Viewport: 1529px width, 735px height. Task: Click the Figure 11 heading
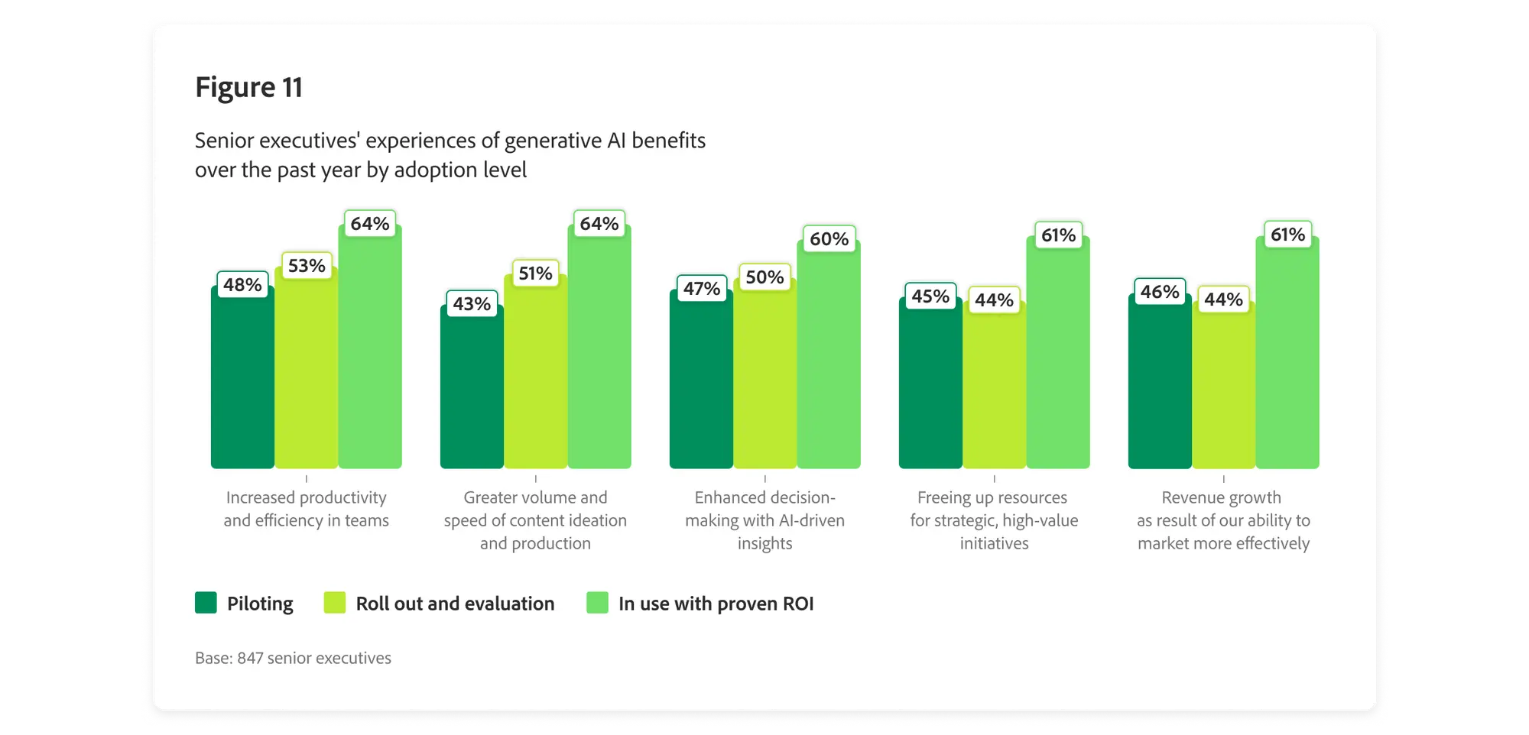248,88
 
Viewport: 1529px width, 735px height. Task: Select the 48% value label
242,285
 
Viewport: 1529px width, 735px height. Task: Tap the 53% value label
307,266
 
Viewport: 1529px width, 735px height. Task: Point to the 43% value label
472,304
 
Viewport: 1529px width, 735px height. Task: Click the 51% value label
535,274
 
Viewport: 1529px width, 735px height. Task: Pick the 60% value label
829,239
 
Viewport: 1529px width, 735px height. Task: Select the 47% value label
702,289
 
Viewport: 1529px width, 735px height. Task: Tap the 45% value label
930,296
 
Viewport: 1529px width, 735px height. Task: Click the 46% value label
1160,292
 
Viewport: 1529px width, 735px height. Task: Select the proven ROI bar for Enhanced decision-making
829,359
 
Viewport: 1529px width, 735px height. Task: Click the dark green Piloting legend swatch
206,603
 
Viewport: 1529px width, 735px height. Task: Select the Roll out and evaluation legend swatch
335,603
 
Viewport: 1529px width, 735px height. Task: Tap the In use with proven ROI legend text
716,604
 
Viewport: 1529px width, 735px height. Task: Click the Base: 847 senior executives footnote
293,658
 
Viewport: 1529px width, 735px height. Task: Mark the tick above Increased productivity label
307,479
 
